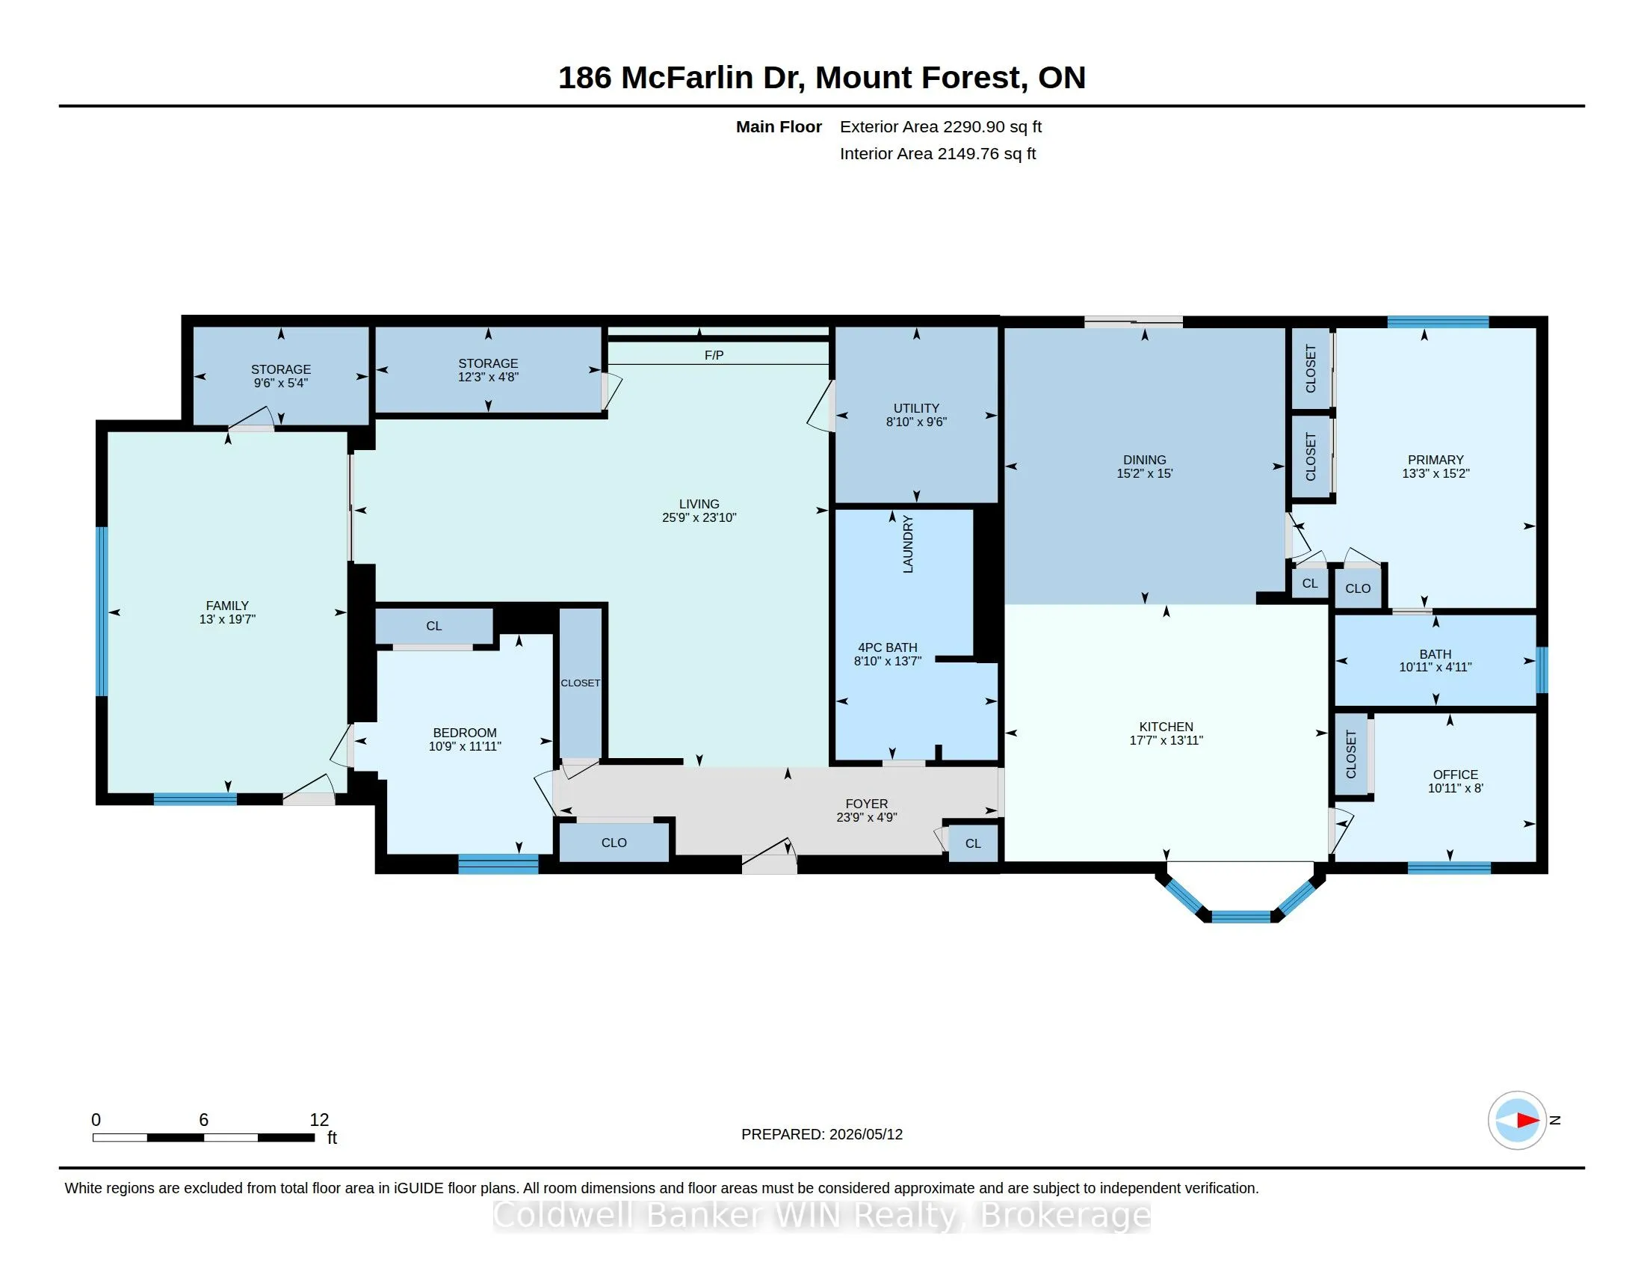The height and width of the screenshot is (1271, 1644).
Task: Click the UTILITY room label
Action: [x=916, y=408]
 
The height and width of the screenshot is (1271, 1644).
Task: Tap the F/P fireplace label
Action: [x=714, y=354]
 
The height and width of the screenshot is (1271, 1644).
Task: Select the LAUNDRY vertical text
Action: [x=908, y=544]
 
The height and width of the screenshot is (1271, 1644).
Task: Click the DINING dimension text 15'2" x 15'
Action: [x=1144, y=473]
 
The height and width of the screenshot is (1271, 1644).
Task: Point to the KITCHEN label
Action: [x=1166, y=727]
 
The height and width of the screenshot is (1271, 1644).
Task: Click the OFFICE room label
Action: [x=1455, y=775]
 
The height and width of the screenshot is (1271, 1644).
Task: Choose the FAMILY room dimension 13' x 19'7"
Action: [x=227, y=619]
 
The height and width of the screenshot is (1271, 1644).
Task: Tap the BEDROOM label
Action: [x=465, y=733]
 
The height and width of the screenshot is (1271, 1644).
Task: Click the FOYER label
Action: [x=866, y=804]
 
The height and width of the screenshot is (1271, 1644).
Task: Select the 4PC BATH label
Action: [x=888, y=647]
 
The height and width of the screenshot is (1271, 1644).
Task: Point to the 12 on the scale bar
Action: [x=319, y=1120]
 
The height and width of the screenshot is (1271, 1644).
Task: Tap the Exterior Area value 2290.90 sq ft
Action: [x=992, y=126]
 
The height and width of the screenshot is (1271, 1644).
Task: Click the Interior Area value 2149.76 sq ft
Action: [x=986, y=153]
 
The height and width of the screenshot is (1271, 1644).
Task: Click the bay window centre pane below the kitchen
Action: [x=1240, y=917]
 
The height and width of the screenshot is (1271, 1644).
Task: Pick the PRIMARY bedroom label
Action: [x=1436, y=460]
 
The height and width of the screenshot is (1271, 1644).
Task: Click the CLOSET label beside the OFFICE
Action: [x=1350, y=754]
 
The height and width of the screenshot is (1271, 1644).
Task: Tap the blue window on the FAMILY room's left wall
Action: [x=102, y=612]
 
